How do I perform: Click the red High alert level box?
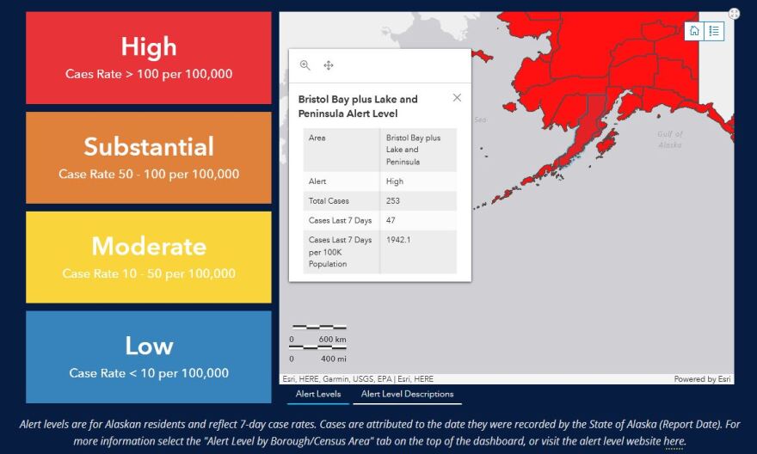[148, 58]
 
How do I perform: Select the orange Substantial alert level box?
[148, 157]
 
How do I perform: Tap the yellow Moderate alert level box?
[148, 257]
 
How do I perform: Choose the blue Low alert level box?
[148, 357]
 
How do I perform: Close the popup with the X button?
[457, 98]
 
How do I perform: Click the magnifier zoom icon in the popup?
[305, 65]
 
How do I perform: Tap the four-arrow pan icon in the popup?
[329, 65]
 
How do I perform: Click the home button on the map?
[694, 31]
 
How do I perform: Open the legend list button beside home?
[714, 31]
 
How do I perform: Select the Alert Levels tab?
[318, 394]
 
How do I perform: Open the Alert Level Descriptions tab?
[407, 394]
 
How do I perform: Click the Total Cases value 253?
[393, 200]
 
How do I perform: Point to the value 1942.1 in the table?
[398, 240]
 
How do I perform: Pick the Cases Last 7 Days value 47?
[391, 220]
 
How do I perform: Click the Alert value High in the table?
[395, 181]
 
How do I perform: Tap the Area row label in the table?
[317, 138]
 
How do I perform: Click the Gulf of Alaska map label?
[670, 139]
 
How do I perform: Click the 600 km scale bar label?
[332, 339]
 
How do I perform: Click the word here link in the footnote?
[674, 441]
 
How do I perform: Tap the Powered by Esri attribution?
[702, 379]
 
